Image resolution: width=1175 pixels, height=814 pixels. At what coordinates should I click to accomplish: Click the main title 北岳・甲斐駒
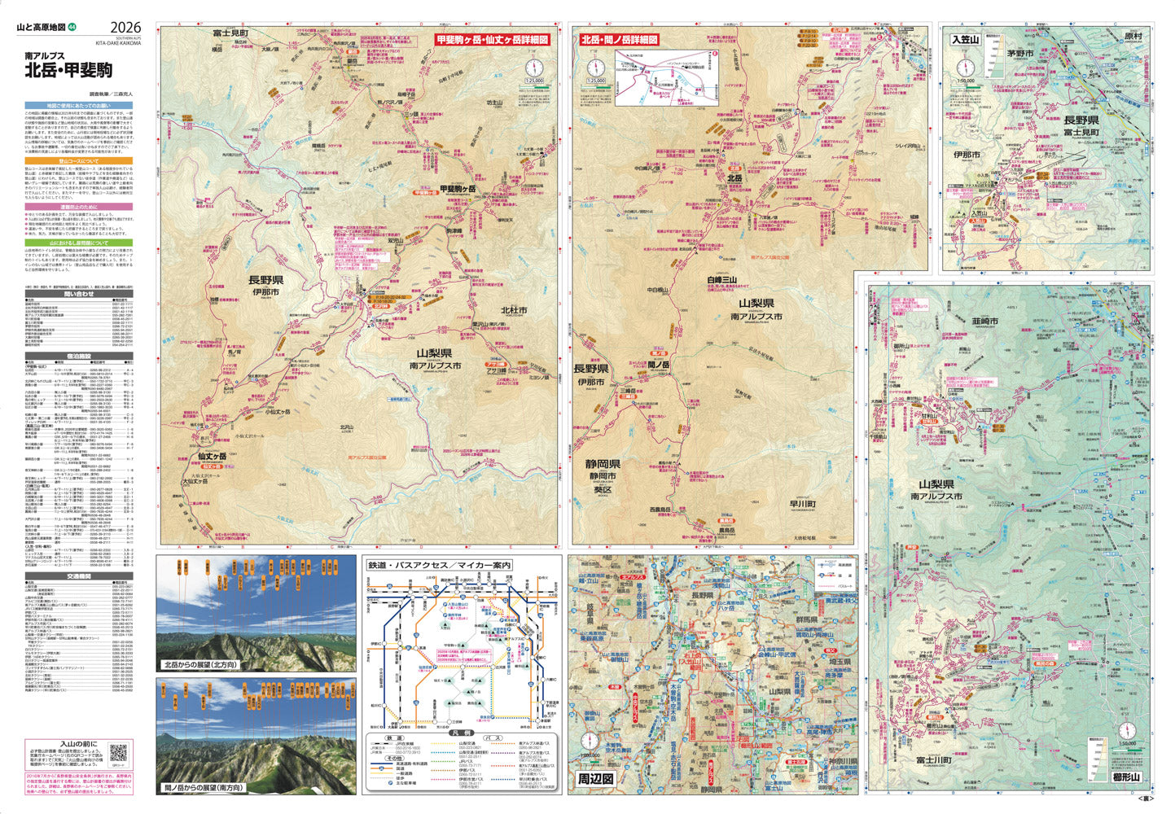[x=68, y=69]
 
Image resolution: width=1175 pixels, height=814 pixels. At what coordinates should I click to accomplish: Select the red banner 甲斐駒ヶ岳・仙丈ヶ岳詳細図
[x=492, y=39]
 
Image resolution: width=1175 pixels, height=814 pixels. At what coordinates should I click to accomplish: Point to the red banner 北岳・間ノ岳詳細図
[x=619, y=39]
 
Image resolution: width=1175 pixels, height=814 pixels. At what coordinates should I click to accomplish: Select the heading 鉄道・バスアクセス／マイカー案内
[x=439, y=565]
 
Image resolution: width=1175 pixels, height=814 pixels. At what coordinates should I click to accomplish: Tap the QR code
[x=119, y=753]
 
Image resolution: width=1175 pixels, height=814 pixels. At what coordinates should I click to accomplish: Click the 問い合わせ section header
[x=79, y=294]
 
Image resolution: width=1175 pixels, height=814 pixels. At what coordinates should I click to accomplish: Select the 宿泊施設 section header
[x=79, y=356]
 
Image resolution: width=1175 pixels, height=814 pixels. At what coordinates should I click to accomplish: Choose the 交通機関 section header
[x=79, y=576]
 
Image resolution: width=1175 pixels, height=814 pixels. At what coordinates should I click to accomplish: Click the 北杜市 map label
[x=513, y=309]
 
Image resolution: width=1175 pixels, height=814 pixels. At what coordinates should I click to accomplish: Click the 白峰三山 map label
[x=722, y=279]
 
